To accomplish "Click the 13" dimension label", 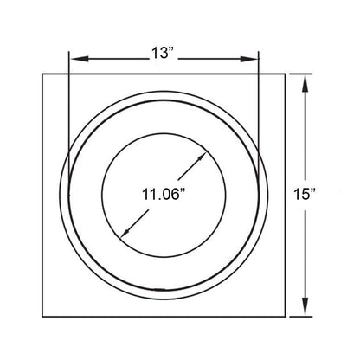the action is (x=164, y=54).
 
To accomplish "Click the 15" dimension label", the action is (x=305, y=194).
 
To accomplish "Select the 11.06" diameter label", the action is (x=164, y=195).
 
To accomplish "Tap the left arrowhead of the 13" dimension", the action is (x=80, y=59).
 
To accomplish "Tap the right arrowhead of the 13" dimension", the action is (x=248, y=59).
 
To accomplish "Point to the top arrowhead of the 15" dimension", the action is (x=305, y=83).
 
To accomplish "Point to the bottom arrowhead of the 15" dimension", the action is (x=305, y=307).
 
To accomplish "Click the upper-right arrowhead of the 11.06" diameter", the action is (x=202, y=157).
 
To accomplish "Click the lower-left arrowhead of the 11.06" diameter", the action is (x=125, y=233).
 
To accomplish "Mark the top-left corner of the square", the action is (x=42, y=74).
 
